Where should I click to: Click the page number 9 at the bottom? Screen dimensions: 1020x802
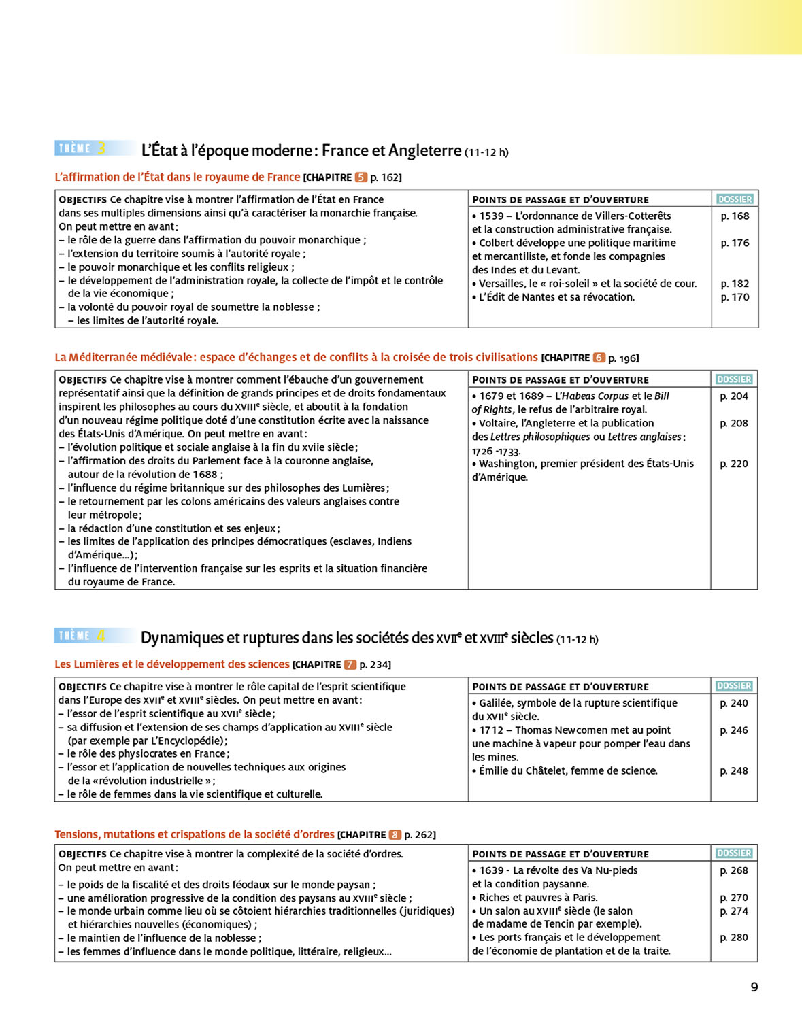pyautogui.click(x=754, y=987)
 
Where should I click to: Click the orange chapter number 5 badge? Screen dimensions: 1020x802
pyautogui.click(x=361, y=177)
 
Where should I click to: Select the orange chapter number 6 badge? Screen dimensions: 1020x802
pyautogui.click(x=599, y=358)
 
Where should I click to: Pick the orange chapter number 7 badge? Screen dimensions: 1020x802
pyautogui.click(x=350, y=665)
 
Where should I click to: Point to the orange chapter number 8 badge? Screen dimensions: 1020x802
pyautogui.click(x=395, y=835)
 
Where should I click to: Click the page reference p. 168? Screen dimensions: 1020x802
pyautogui.click(x=735, y=216)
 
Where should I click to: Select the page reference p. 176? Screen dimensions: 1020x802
pyautogui.click(x=735, y=243)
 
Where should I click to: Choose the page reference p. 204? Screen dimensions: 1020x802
pyautogui.click(x=734, y=396)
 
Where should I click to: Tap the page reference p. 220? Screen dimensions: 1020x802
pyautogui.click(x=734, y=464)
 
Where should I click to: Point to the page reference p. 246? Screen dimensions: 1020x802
pyautogui.click(x=734, y=730)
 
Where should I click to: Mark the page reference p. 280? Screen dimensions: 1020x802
pyautogui.click(x=734, y=938)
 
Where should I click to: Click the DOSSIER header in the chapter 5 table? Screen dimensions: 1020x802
pyautogui.click(x=735, y=199)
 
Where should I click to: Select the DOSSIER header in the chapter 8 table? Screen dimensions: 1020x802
pyautogui.click(x=734, y=853)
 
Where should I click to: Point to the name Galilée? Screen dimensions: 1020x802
pyautogui.click(x=498, y=703)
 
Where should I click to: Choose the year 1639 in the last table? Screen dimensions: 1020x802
pyautogui.click(x=491, y=870)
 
